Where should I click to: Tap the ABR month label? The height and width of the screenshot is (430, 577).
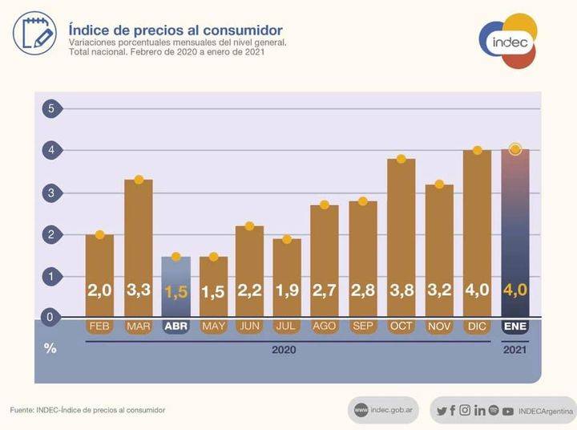coord(176,327)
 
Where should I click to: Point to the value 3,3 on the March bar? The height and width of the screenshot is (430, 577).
coord(138,290)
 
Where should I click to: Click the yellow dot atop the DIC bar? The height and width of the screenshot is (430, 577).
coord(477,150)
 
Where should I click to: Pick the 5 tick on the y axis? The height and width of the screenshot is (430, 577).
coord(50,108)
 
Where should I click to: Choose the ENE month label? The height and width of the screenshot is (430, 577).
coord(514,327)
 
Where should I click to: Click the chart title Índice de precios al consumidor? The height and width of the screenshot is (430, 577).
coord(176,30)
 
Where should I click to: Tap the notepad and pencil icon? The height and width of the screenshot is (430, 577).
coord(34,33)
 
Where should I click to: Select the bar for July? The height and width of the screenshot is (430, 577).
coord(287,277)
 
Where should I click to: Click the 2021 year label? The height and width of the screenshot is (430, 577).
coord(514,350)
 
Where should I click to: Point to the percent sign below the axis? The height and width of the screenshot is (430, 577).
coord(50,349)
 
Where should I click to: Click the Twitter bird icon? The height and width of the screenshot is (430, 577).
coord(442,411)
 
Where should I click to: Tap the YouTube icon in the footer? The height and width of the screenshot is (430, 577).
coord(507,411)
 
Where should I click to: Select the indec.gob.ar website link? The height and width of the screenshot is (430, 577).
coord(384,410)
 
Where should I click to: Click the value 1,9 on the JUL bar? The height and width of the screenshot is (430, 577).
coord(287,290)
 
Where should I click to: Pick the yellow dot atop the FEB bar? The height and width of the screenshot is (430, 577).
coord(100,234)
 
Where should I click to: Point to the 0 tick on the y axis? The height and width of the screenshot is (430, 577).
coord(50,318)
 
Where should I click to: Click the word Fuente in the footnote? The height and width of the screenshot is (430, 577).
coord(22,410)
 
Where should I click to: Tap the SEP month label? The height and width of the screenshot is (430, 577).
coord(362,327)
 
